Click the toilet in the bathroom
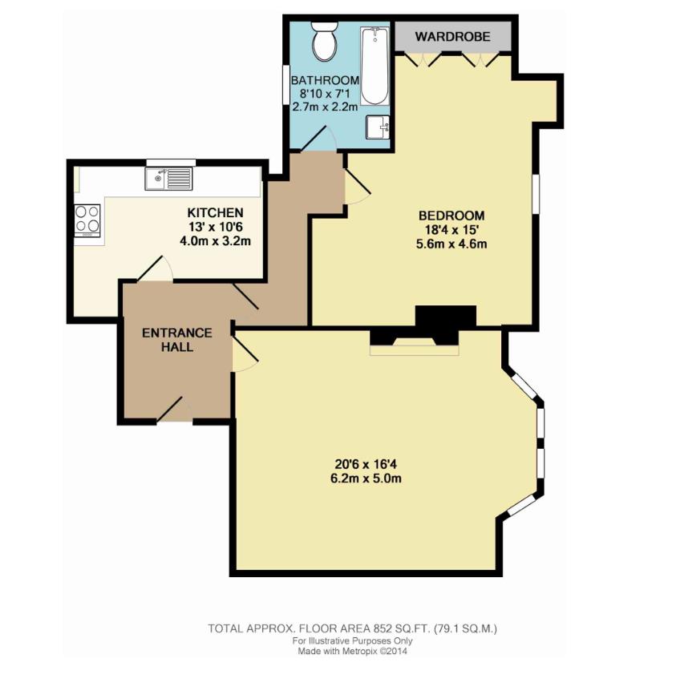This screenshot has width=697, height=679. (326, 42)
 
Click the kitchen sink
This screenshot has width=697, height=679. (169, 178)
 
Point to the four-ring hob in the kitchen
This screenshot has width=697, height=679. (87, 219)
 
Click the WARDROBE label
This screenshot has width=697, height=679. (452, 37)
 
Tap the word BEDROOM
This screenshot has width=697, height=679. (452, 216)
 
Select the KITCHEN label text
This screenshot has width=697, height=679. (215, 212)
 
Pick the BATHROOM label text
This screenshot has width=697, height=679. (325, 80)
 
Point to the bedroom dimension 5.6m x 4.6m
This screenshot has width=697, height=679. (452, 245)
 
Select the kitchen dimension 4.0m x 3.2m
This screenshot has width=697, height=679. (215, 241)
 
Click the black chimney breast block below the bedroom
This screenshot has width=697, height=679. (445, 317)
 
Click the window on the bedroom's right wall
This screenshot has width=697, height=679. (535, 194)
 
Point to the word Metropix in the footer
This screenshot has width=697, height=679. (360, 652)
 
